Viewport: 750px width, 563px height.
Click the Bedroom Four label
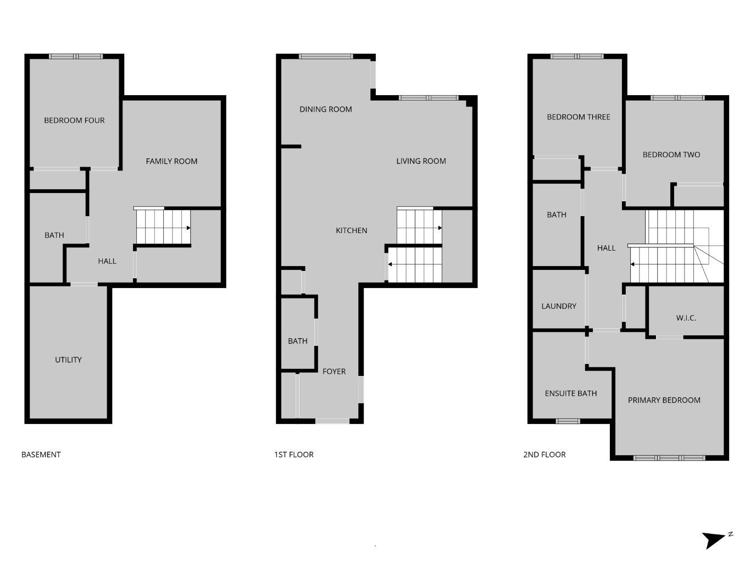click(x=74, y=120)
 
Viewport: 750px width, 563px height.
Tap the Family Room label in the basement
click(x=171, y=161)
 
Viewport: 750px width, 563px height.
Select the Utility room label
click(x=68, y=360)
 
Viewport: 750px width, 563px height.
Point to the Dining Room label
click(x=326, y=109)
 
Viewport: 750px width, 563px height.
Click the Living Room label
click(x=421, y=161)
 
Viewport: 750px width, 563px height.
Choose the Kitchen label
click(x=352, y=230)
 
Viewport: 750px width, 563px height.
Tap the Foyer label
click(x=334, y=372)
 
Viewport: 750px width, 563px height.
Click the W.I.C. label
click(x=686, y=318)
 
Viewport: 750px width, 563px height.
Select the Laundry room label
click(x=559, y=306)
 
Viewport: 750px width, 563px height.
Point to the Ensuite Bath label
click(x=571, y=394)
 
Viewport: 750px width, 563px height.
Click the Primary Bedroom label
click(x=664, y=400)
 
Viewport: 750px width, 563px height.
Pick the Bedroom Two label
click(x=671, y=154)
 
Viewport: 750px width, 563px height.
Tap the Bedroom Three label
click(x=579, y=117)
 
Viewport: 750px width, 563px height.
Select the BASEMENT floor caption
click(x=41, y=455)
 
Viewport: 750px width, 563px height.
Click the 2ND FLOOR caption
click(x=545, y=455)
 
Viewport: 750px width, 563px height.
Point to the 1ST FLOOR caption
click(x=294, y=455)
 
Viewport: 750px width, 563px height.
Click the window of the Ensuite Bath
click(x=568, y=422)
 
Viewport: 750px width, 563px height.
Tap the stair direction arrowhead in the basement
click(x=188, y=228)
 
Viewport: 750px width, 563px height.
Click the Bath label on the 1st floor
click(x=298, y=341)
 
